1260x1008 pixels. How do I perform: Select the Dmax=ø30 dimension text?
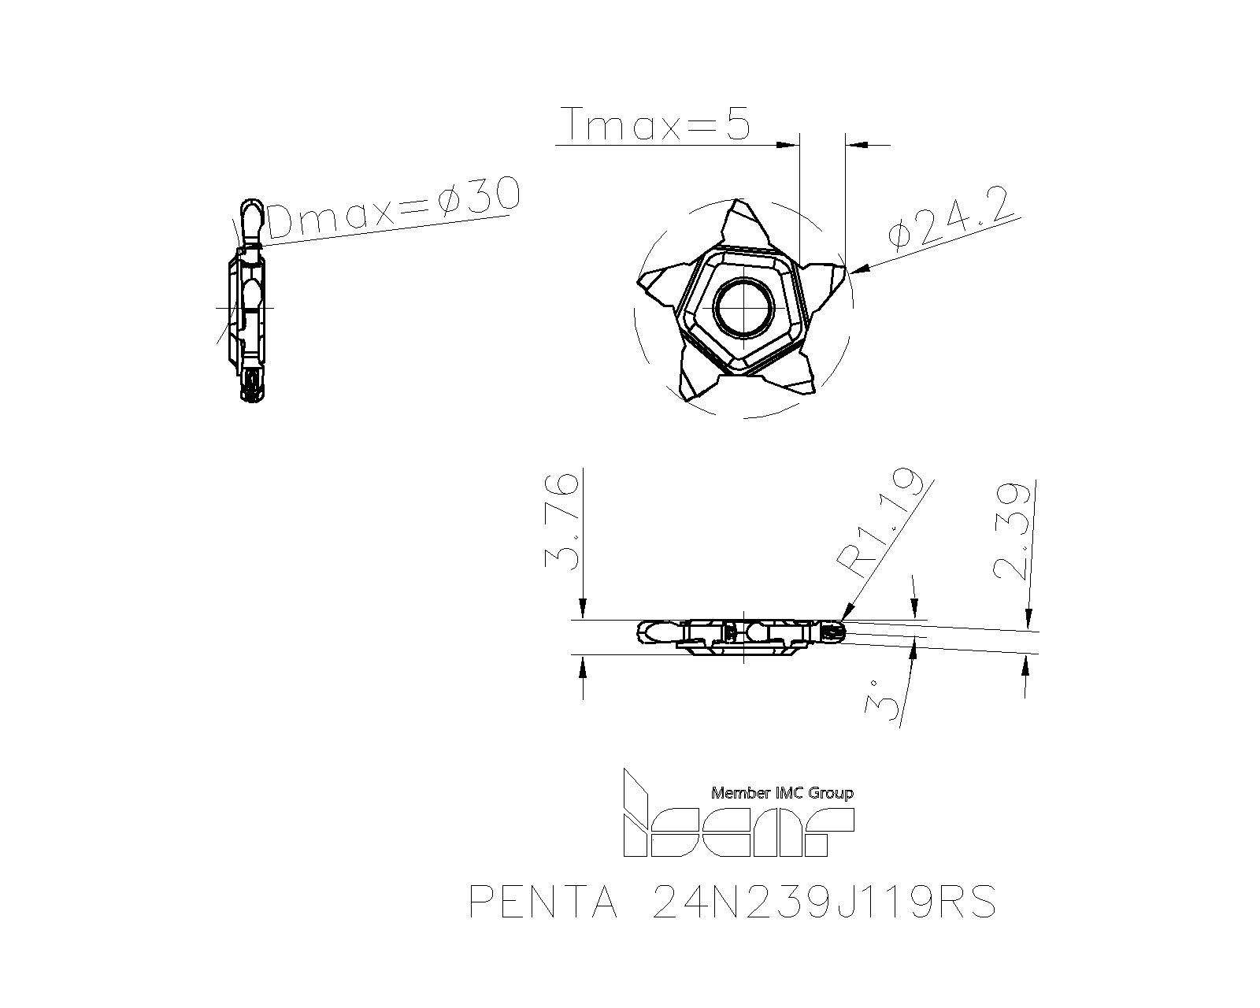(394, 206)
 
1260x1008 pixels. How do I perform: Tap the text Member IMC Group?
(782, 793)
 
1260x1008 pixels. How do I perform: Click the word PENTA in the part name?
(543, 902)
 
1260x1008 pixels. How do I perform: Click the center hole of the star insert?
(743, 306)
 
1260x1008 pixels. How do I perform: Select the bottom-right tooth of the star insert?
(795, 378)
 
